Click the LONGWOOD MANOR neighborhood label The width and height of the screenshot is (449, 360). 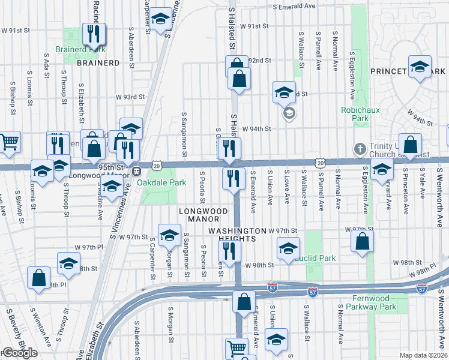pyautogui.click(x=203, y=216)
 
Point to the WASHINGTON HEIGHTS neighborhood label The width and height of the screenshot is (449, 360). pyautogui.click(x=237, y=235)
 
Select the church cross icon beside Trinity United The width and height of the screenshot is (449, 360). pyautogui.click(x=359, y=149)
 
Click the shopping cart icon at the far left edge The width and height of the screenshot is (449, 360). pyautogui.click(x=10, y=142)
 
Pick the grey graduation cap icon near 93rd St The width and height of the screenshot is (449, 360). pyautogui.click(x=289, y=113)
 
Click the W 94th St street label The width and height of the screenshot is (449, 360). pyautogui.click(x=261, y=128)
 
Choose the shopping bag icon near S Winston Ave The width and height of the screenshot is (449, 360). pyautogui.click(x=39, y=278)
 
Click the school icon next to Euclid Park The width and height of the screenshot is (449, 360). pyautogui.click(x=289, y=248)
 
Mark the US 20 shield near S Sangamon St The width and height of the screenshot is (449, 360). pyautogui.click(x=156, y=164)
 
